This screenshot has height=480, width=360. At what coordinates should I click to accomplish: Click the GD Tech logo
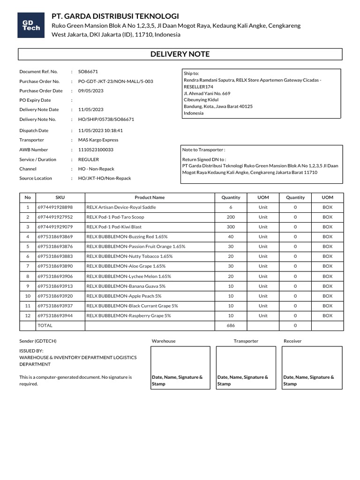click(x=32, y=26)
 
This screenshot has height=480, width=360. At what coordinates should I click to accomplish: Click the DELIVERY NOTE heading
click(x=180, y=54)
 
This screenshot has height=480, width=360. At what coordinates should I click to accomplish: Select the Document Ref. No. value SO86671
click(x=88, y=72)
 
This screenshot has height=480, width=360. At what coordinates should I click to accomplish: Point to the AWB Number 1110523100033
click(x=96, y=150)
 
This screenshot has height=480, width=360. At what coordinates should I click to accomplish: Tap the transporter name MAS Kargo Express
click(x=98, y=140)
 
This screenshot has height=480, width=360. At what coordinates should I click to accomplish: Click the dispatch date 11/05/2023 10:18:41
click(x=100, y=130)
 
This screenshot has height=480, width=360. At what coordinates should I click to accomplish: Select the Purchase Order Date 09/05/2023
click(x=91, y=90)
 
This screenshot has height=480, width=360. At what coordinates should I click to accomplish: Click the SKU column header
click(x=60, y=197)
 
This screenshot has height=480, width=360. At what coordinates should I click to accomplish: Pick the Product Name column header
click(x=150, y=197)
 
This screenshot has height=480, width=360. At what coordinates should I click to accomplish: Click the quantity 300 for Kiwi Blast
click(x=231, y=227)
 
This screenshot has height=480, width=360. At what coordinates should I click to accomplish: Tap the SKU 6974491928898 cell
click(x=55, y=207)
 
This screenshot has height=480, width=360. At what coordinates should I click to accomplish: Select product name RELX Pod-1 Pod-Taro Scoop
click(x=115, y=217)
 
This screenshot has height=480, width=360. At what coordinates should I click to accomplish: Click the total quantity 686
click(x=231, y=325)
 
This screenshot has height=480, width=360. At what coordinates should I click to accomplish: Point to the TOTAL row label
click(x=45, y=325)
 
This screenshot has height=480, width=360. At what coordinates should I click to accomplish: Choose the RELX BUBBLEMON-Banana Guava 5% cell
click(x=126, y=286)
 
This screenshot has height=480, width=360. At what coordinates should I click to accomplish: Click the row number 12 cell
click(x=28, y=315)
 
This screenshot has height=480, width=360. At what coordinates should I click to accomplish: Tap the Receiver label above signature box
click(x=292, y=341)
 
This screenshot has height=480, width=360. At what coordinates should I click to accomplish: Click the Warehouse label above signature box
click(x=164, y=341)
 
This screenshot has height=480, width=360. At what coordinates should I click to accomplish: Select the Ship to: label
click(x=191, y=74)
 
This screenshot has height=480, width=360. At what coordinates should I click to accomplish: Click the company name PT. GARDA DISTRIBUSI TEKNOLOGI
click(x=115, y=16)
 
